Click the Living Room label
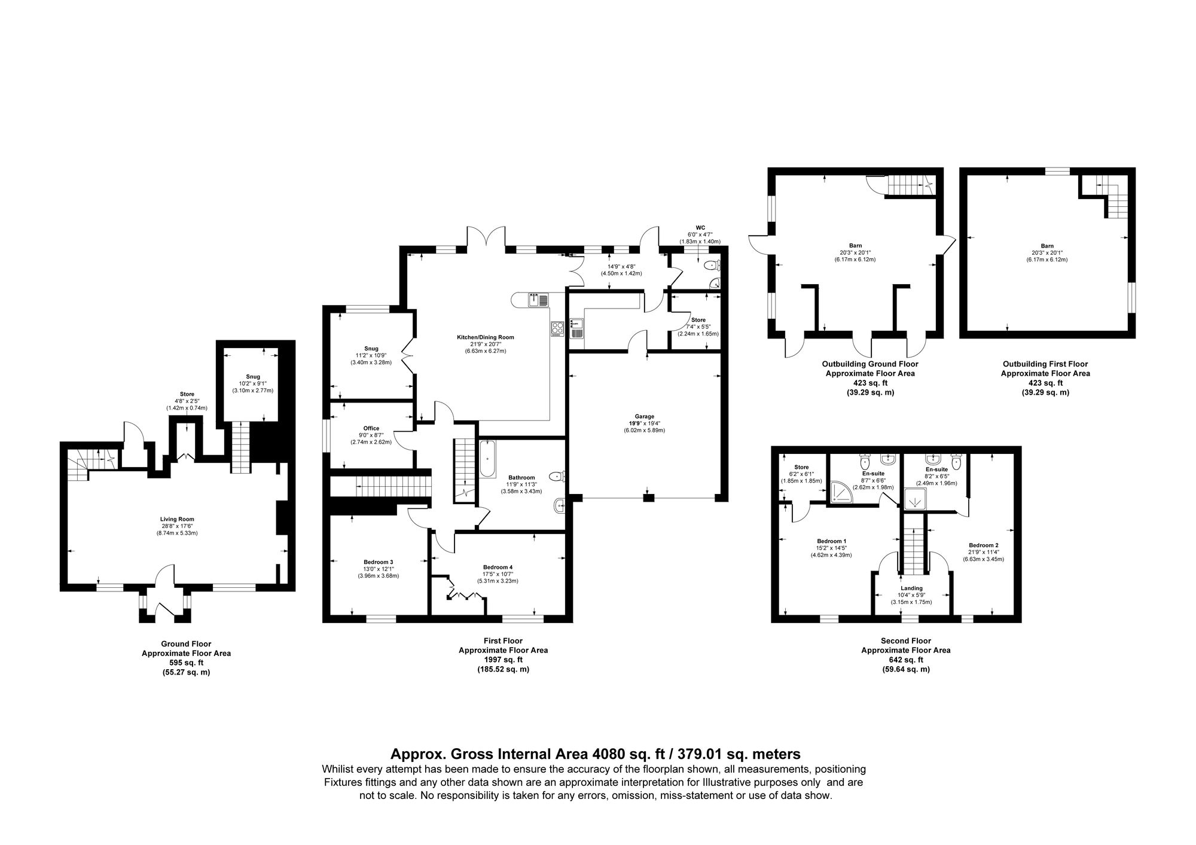click(176, 519)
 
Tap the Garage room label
click(645, 416)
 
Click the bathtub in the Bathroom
click(487, 459)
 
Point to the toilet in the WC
click(710, 266)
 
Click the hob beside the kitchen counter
click(557, 327)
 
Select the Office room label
click(371, 428)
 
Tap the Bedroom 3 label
click(378, 562)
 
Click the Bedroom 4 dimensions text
click(498, 574)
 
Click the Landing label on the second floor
click(911, 588)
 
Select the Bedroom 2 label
click(983, 545)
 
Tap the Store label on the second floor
click(801, 467)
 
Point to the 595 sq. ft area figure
click(186, 663)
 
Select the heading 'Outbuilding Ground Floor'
click(870, 364)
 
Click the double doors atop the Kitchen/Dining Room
click(486, 238)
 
